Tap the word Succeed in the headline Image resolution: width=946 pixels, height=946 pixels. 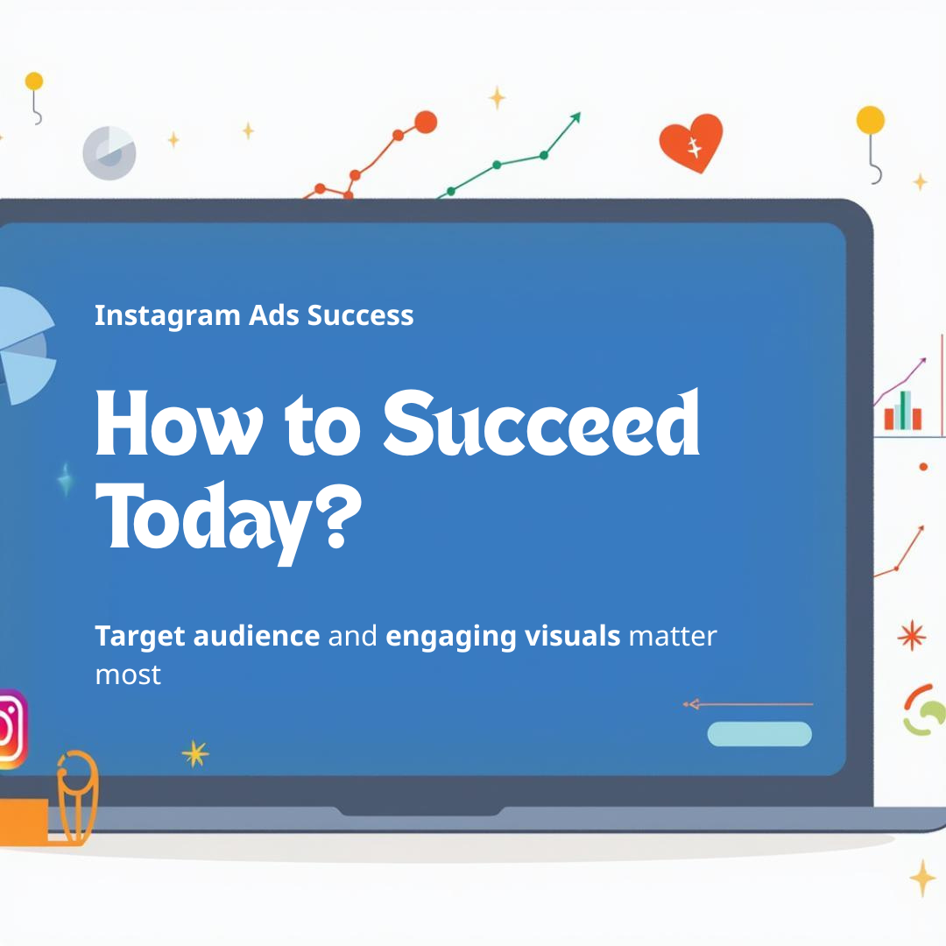coord(541,426)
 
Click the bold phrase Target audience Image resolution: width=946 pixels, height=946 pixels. coord(207,636)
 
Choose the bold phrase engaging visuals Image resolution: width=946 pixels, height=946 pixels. coord(503,636)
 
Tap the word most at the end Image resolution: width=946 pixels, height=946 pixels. coord(128,674)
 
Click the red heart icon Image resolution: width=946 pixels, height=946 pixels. coord(691,144)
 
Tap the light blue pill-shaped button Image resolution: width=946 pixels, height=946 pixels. coord(759,734)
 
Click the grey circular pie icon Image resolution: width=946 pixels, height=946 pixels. coord(109,153)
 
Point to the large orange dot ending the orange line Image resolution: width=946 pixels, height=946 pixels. coord(426,123)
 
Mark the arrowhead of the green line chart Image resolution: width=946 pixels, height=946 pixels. coord(575,116)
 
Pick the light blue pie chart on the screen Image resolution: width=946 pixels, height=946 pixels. coord(22,346)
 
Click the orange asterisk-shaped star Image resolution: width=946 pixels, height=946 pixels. coord(913,635)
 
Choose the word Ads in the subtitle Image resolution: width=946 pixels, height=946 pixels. coord(275,315)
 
